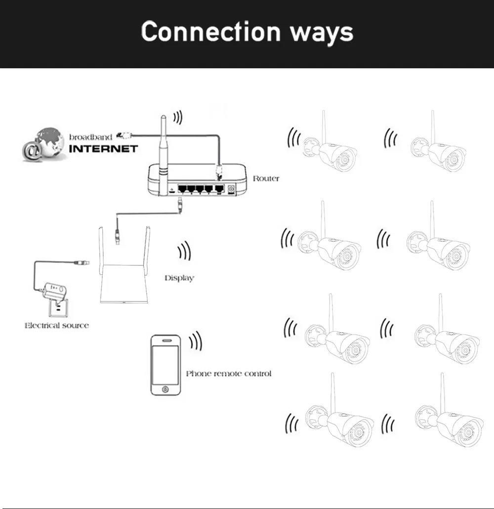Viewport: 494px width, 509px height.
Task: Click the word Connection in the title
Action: coord(210,31)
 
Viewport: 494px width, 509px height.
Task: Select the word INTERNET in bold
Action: coord(104,149)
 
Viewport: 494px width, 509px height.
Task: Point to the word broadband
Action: coord(90,137)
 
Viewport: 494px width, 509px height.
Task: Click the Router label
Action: coord(266,178)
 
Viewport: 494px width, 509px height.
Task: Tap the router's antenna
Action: coord(163,155)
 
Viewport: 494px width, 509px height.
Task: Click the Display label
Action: coord(179,278)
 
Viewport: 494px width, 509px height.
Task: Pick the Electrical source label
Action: coord(57,325)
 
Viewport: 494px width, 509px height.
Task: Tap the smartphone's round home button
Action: coord(165,389)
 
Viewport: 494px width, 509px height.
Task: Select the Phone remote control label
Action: coord(229,374)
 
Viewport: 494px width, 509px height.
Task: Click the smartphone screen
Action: coord(165,365)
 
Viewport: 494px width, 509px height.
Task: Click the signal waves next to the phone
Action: coord(196,341)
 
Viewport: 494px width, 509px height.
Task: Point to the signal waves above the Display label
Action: coord(184,251)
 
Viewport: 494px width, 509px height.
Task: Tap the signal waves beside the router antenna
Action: coord(177,118)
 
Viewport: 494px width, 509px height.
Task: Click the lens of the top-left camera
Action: coord(343,160)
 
